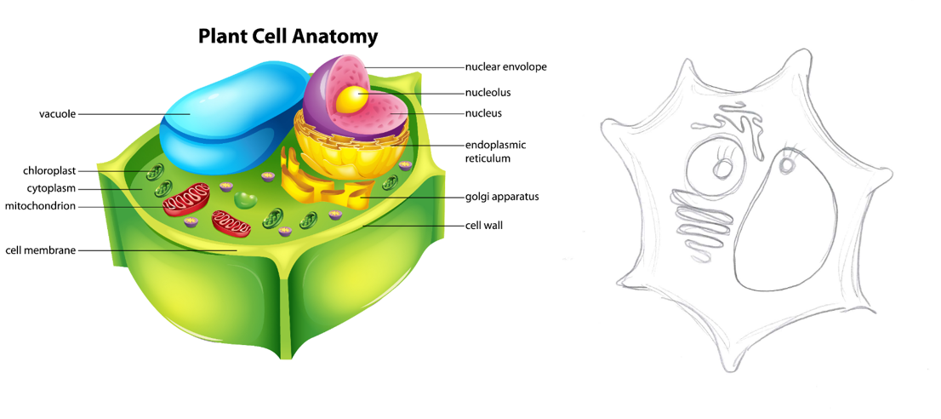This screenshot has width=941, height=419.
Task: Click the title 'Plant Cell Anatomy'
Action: coord(288,37)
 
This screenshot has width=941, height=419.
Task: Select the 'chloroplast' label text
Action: coord(50,171)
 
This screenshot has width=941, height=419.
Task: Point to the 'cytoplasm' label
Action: coord(52,188)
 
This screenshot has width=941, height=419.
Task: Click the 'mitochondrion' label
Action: coord(40,206)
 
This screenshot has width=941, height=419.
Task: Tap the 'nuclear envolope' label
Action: coord(505,66)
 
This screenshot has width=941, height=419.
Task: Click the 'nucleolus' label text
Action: coord(488,92)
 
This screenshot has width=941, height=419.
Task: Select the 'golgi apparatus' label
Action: coord(502,197)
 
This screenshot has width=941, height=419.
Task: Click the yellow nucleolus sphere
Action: coord(350,100)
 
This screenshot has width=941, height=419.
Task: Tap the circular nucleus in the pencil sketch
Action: coord(719,168)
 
